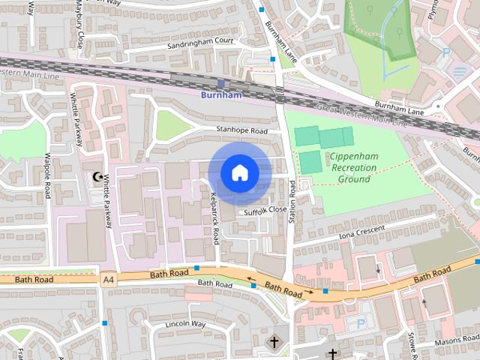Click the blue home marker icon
click(239, 173)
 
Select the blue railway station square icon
click(220, 83)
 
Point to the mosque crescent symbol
click(97, 176)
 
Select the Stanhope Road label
click(241, 131)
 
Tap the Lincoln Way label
click(184, 324)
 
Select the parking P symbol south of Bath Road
click(361, 323)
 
